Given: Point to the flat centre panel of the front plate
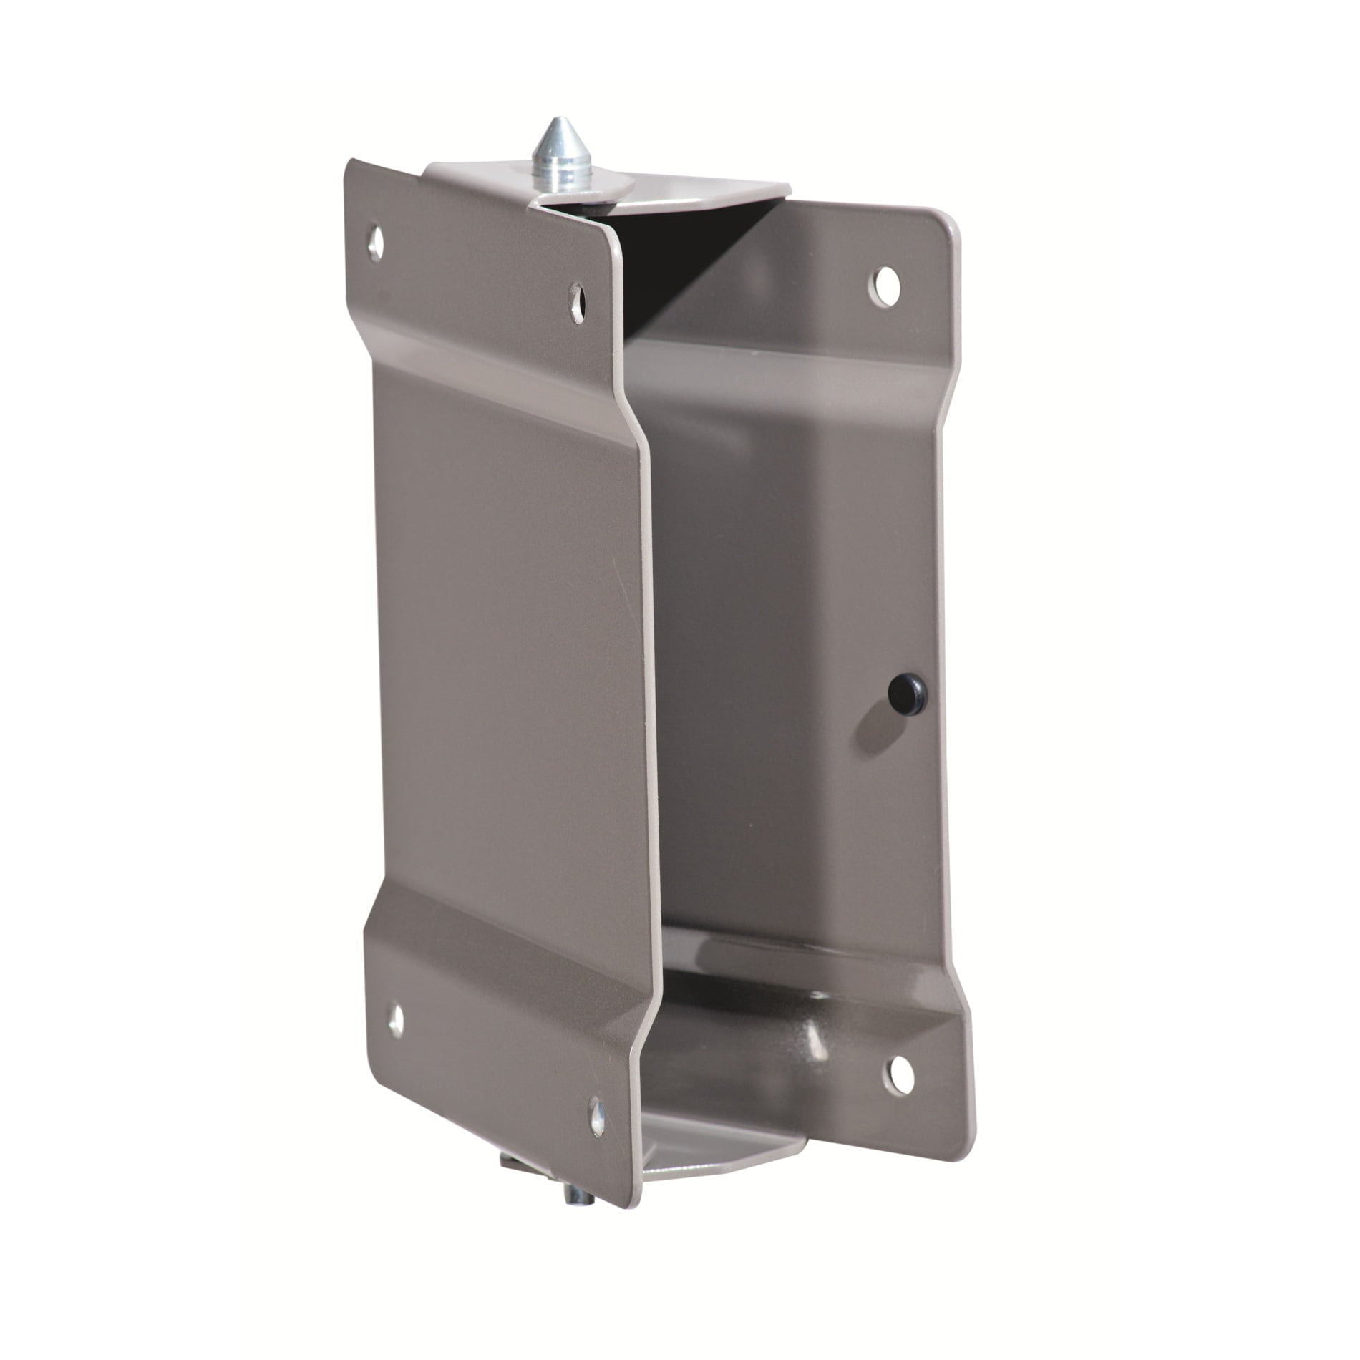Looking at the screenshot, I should point(501,644).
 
